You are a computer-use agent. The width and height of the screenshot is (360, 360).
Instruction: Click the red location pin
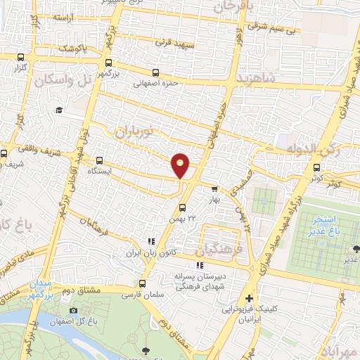(x=181, y=165)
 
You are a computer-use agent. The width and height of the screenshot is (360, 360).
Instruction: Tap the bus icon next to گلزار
(x=21, y=58)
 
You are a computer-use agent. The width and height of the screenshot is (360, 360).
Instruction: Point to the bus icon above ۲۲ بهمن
(x=182, y=207)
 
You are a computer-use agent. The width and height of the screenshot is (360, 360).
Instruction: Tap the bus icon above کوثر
(x=317, y=167)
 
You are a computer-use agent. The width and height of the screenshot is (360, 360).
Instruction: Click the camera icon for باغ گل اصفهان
(x=74, y=310)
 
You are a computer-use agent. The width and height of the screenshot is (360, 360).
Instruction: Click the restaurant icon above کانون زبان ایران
(x=150, y=241)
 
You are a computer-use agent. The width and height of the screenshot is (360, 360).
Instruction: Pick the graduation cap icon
(x=60, y=110)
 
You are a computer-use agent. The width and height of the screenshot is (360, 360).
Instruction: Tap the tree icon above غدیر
(x=355, y=248)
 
